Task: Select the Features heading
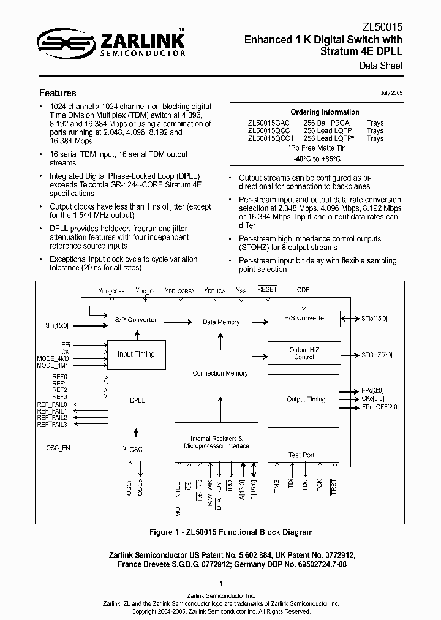(x=58, y=93)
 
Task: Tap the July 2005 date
(x=391, y=93)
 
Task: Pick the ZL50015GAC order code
(x=268, y=123)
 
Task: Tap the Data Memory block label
(x=221, y=322)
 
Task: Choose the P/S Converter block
(x=306, y=318)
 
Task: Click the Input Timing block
(x=136, y=354)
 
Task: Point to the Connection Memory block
(x=220, y=373)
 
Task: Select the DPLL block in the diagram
(x=137, y=399)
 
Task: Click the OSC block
(x=136, y=450)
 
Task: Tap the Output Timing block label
(x=306, y=399)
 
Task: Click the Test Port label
(x=301, y=455)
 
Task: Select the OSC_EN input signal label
(x=58, y=448)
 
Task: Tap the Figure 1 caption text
(x=231, y=532)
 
